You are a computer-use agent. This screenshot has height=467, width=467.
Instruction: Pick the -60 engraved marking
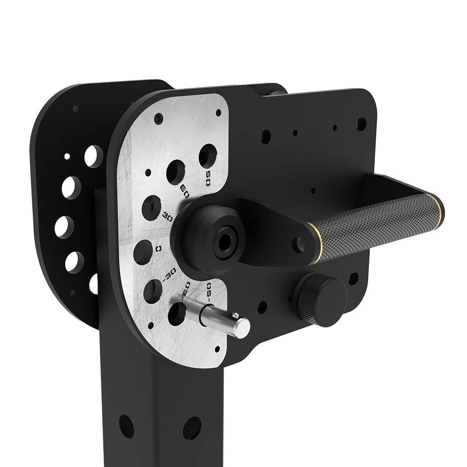click(186, 291)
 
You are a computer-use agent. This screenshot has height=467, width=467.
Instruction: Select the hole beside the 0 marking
click(143, 250)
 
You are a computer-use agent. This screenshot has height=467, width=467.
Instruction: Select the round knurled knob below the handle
click(321, 300)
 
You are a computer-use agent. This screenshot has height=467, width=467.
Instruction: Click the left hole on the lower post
click(127, 426)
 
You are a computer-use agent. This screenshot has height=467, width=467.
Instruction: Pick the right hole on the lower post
click(192, 428)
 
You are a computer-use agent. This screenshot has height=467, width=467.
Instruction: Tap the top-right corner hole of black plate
click(361, 124)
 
